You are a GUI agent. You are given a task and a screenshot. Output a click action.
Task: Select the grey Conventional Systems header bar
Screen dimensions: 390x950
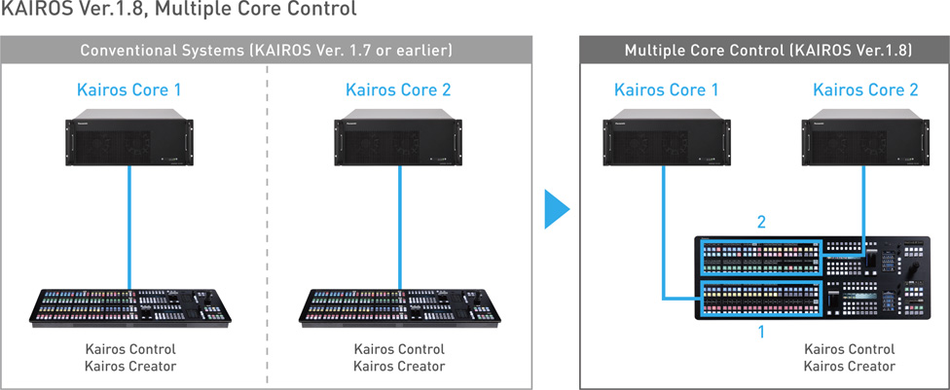266,49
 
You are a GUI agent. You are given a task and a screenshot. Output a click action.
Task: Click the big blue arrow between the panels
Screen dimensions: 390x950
556,208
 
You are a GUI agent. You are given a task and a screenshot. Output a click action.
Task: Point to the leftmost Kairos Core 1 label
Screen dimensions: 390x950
129,90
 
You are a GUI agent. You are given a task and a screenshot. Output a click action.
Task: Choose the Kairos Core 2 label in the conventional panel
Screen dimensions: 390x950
399,90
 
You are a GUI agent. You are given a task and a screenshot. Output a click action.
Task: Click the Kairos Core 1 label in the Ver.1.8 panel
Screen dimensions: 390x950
667,90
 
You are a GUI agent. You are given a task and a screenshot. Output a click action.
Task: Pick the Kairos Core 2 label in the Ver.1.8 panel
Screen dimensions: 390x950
865,90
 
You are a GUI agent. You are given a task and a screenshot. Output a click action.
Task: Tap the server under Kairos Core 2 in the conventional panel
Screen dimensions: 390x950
399,140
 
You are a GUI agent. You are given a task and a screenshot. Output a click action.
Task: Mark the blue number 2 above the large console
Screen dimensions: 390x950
761,223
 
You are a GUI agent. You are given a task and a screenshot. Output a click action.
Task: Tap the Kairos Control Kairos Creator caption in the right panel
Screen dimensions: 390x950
849,357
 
